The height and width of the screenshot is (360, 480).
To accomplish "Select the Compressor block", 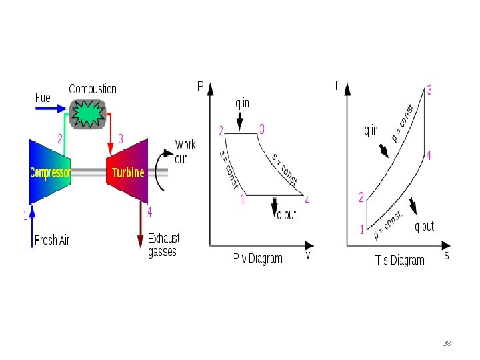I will (50, 172).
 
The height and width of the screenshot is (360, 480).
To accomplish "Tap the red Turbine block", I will (127, 172).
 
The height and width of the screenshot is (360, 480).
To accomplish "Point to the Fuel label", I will (43, 97).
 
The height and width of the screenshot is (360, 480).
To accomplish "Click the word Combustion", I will (93, 89).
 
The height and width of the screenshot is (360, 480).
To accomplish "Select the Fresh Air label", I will (52, 240).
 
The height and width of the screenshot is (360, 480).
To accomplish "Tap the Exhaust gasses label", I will (163, 245).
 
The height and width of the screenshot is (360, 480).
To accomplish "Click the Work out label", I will (185, 151).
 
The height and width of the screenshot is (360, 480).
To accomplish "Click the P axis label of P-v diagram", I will (200, 86).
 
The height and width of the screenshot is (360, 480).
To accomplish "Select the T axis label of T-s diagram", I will (336, 85).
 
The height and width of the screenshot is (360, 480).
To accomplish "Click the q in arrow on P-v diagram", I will (241, 121).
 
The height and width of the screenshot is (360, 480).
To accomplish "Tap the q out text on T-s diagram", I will (424, 227).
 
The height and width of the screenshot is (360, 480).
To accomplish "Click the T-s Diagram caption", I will (399, 260).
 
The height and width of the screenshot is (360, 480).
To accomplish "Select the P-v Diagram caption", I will (258, 259).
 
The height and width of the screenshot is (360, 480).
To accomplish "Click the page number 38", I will (447, 343).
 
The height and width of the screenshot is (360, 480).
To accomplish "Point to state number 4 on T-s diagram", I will (429, 155).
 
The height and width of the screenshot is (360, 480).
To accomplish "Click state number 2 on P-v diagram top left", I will (221, 129).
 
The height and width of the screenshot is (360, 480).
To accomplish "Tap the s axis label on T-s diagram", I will (446, 255).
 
